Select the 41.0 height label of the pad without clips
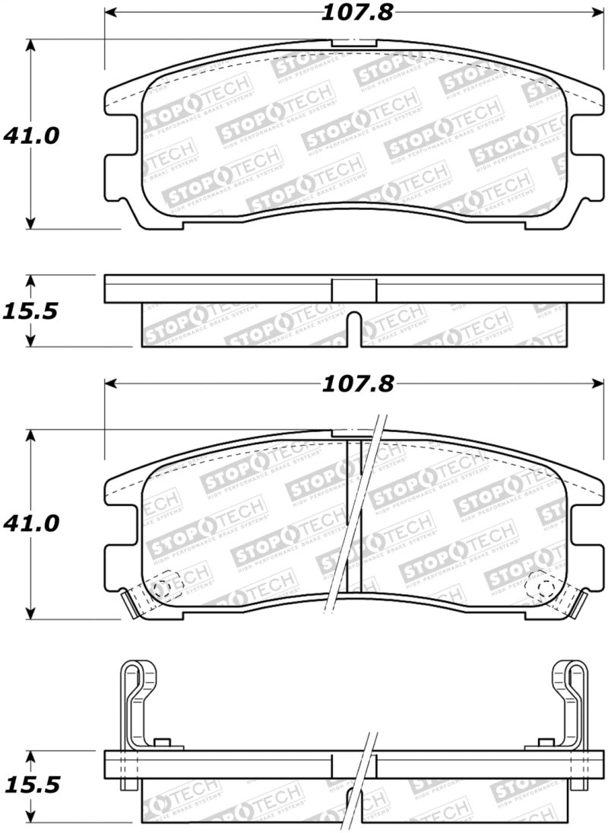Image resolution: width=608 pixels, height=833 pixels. pyautogui.click(x=31, y=135)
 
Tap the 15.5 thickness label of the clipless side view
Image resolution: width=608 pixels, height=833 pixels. pyautogui.click(x=31, y=312)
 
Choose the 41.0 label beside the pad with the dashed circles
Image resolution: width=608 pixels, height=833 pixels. pyautogui.click(x=31, y=524)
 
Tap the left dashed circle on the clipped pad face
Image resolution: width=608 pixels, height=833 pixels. pyautogui.click(x=162, y=588)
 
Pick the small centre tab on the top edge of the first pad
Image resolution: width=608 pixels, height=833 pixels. pyautogui.click(x=354, y=44)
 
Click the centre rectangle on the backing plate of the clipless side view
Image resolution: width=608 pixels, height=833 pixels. pyautogui.click(x=354, y=290)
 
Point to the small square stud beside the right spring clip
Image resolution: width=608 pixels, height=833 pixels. pyautogui.click(x=545, y=742)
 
